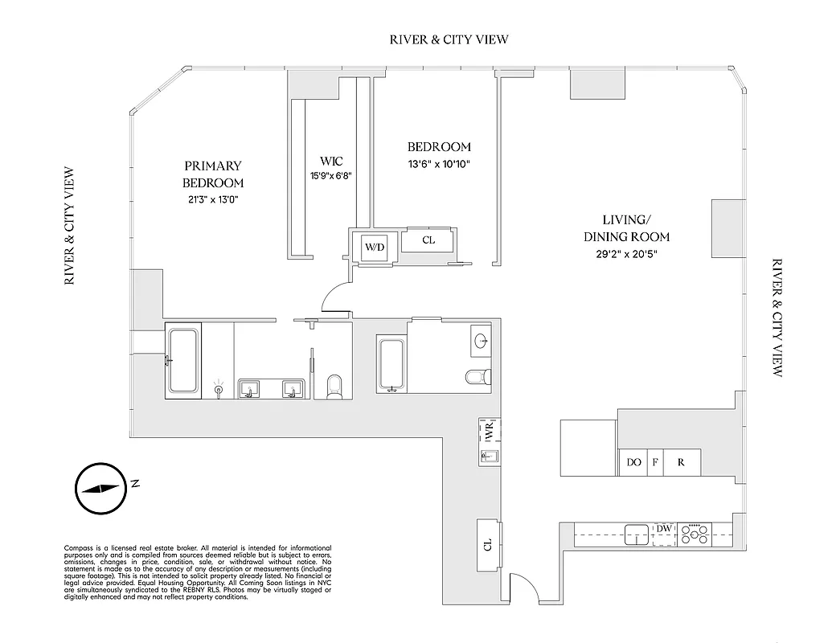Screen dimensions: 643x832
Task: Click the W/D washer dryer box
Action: pyautogui.click(x=375, y=247)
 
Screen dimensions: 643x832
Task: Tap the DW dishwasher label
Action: pyautogui.click(x=663, y=528)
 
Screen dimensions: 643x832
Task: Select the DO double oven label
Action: pyautogui.click(x=633, y=463)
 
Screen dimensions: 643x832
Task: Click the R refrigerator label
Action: pyautogui.click(x=681, y=463)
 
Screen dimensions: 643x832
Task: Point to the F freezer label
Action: pyautogui.click(x=655, y=463)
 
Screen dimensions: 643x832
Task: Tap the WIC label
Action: pyautogui.click(x=331, y=162)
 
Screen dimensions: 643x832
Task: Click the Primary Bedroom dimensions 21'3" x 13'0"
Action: pyautogui.click(x=211, y=200)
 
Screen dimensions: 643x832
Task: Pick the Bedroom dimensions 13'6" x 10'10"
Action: pyautogui.click(x=438, y=165)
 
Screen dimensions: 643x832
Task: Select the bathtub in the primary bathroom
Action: pyautogui.click(x=182, y=360)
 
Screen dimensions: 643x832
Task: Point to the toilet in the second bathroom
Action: pyautogui.click(x=477, y=376)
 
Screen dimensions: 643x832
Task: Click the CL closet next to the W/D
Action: pyautogui.click(x=428, y=239)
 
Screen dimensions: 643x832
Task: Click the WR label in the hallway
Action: pyautogui.click(x=489, y=432)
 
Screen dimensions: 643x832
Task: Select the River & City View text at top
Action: pyautogui.click(x=449, y=39)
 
